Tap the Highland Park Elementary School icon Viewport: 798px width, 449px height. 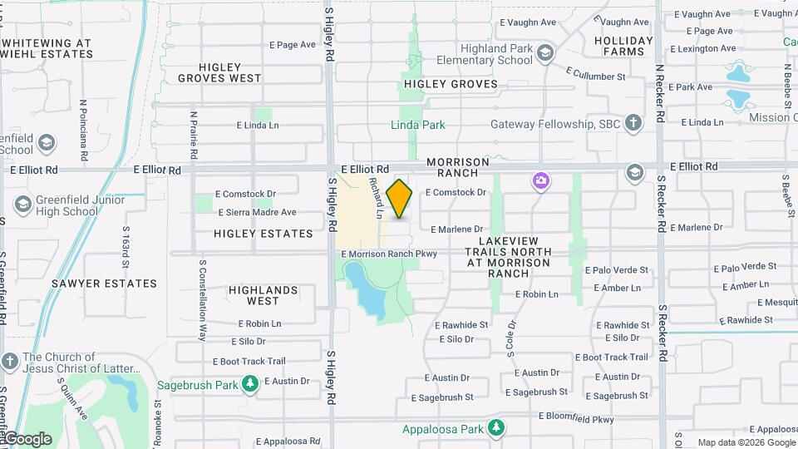(544, 55)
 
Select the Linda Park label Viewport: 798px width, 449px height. (418, 125)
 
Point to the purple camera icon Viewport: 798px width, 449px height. (541, 180)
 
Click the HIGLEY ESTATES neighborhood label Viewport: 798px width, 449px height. (264, 234)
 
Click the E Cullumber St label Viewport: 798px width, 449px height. (596, 76)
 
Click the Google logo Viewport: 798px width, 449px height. (27, 438)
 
